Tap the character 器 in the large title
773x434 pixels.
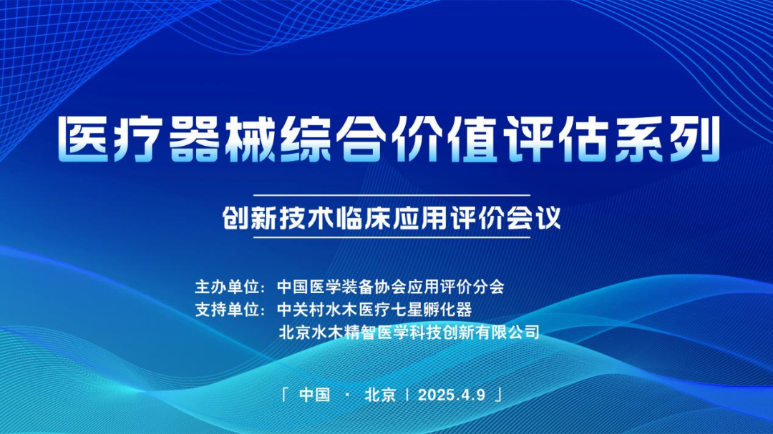pos(193,139)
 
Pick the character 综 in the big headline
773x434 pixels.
pos(305,139)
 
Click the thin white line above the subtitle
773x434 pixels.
pos(392,196)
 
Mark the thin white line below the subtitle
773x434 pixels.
pos(392,237)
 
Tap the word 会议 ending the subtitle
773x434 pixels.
pos(533,217)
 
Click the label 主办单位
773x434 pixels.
pos(228,286)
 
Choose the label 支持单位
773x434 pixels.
pos(228,310)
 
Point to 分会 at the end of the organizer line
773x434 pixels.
pos(488,286)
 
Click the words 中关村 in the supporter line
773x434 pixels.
pos(301,310)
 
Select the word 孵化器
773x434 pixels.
pos(447,310)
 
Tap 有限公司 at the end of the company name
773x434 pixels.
pos(507,332)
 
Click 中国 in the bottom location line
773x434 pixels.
pos(314,395)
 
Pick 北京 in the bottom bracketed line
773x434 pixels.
pos(380,395)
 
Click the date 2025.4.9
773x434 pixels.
pos(452,395)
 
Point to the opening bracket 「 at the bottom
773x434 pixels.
pos(285,394)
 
